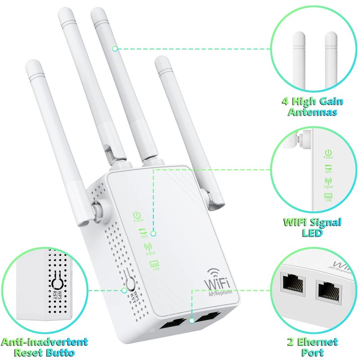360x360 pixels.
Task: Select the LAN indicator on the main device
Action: point(154,265)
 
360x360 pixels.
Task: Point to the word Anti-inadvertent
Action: point(44,342)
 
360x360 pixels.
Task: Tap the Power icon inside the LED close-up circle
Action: point(328,153)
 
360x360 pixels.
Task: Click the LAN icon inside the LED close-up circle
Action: point(328,196)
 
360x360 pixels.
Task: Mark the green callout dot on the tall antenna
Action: point(115,48)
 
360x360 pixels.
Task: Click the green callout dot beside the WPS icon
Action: point(153,234)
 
